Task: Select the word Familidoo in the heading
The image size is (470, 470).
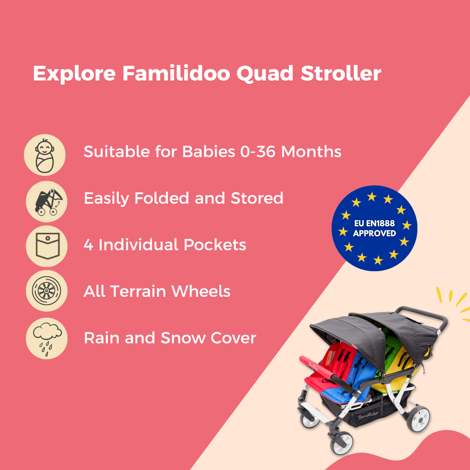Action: pos(176,74)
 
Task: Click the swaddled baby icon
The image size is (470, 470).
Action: pos(45,154)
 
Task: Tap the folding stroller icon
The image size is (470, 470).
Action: pos(45,201)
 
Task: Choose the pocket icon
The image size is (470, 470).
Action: pos(45,246)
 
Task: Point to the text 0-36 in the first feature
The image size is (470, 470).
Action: pos(258,152)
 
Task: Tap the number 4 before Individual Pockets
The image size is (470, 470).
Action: pos(88,245)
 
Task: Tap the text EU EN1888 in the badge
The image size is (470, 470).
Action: pos(374,224)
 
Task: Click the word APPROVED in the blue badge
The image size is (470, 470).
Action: pos(374,234)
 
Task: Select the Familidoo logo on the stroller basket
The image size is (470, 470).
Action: pos(368,417)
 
